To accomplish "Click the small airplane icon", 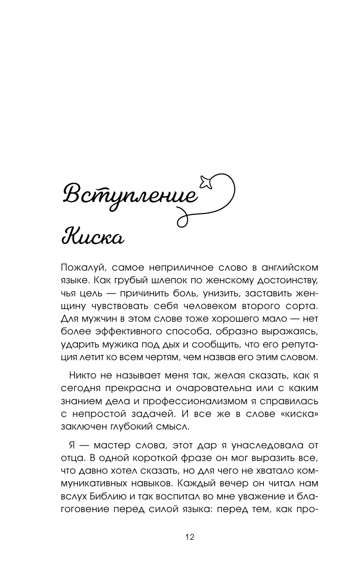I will pyautogui.click(x=205, y=181).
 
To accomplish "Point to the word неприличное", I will pyautogui.click(x=178, y=268).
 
